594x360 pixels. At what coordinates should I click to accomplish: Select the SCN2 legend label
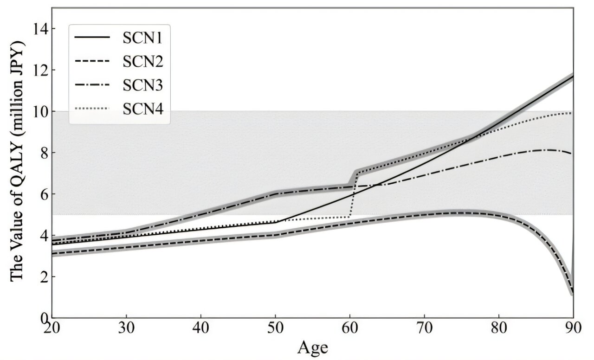pyautogui.click(x=142, y=61)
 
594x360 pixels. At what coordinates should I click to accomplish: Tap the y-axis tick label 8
pyautogui.click(x=43, y=153)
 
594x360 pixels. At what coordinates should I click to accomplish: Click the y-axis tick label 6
pyautogui.click(x=43, y=194)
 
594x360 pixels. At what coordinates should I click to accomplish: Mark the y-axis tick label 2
pyautogui.click(x=43, y=276)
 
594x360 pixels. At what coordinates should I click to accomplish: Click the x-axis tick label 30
pyautogui.click(x=126, y=328)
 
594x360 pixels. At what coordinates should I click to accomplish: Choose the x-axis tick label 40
pyautogui.click(x=201, y=328)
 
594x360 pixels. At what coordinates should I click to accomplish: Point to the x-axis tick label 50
pyautogui.click(x=276, y=328)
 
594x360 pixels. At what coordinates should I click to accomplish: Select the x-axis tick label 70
pyautogui.click(x=425, y=328)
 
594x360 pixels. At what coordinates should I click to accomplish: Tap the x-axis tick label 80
pyautogui.click(x=499, y=328)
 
